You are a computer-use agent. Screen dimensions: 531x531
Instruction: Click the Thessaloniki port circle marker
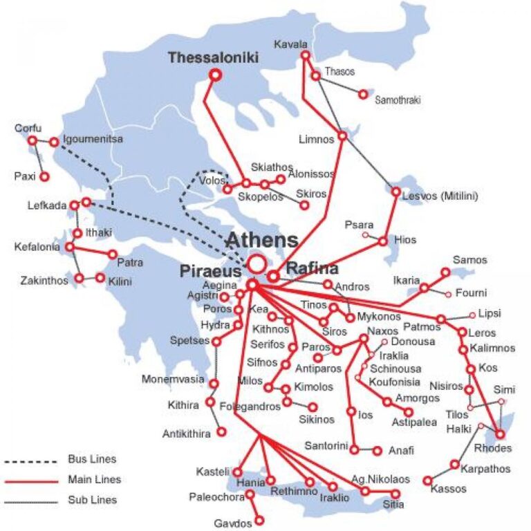[216, 74]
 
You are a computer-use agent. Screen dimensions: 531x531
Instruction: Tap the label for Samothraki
[397, 100]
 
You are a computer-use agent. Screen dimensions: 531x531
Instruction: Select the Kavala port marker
[305, 55]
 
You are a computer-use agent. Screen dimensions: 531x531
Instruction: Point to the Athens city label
[263, 241]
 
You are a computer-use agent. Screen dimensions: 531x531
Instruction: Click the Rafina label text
[313, 268]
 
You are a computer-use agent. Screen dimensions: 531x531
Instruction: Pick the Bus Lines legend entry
[91, 459]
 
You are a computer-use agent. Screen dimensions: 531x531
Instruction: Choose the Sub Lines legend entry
[92, 499]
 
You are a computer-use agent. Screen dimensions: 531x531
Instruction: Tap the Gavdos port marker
[259, 520]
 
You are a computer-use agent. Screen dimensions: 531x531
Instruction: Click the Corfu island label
[28, 129]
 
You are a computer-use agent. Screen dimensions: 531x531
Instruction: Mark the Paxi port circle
[44, 176]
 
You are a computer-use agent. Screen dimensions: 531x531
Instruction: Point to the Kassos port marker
[427, 480]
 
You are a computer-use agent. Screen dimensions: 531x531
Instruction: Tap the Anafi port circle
[377, 450]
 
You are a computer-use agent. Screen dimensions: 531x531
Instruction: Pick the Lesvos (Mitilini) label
[440, 196]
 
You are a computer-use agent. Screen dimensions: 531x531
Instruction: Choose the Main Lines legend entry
[94, 479]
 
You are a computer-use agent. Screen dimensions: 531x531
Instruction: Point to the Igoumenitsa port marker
[54, 142]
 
